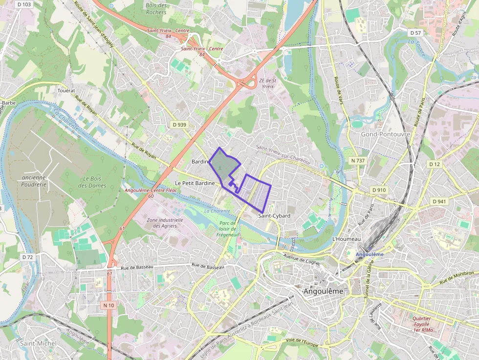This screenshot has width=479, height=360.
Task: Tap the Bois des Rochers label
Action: coord(156,9)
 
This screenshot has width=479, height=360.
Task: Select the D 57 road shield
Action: coord(415,33)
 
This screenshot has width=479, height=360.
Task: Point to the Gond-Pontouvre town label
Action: coord(385,134)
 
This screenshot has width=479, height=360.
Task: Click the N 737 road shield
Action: coord(358,161)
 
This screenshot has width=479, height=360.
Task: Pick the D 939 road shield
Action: coord(180,125)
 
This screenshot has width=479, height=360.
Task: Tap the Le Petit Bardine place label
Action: coord(195,183)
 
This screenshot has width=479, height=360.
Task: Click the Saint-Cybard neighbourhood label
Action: coord(274,215)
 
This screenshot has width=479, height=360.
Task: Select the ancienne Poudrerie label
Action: coord(34,181)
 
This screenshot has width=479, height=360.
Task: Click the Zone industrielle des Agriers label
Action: coord(165,223)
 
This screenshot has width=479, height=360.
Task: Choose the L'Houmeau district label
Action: coord(346,239)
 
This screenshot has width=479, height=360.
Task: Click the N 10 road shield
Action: coord(109,305)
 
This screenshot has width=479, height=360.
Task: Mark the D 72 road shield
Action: coord(27,257)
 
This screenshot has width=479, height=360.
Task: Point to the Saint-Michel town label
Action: coord(38,343)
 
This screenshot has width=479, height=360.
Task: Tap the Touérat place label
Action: coord(66,90)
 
